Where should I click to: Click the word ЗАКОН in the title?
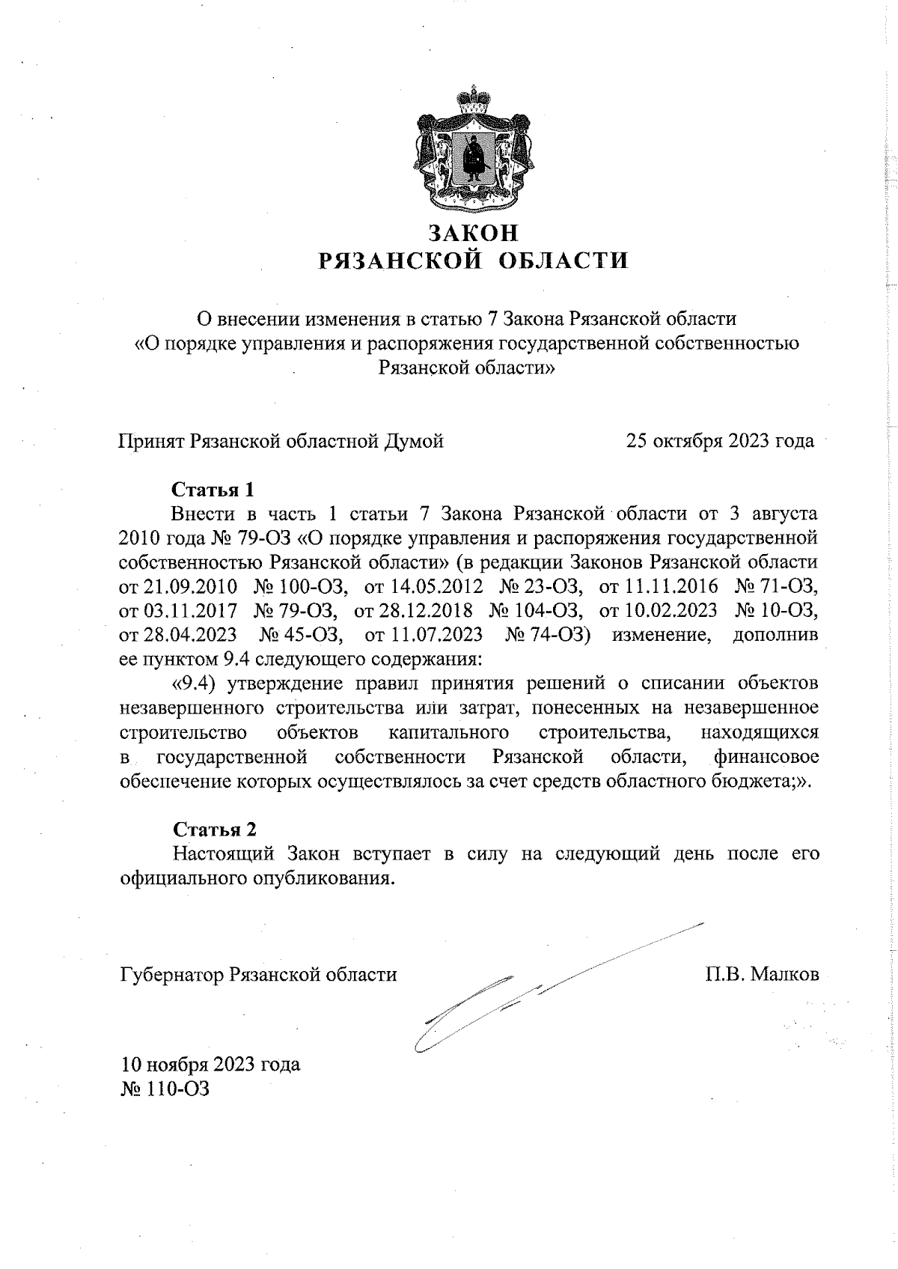click(473, 233)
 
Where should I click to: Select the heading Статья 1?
click(213, 490)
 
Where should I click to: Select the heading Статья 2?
click(215, 830)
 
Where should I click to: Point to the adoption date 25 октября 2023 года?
click(720, 441)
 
